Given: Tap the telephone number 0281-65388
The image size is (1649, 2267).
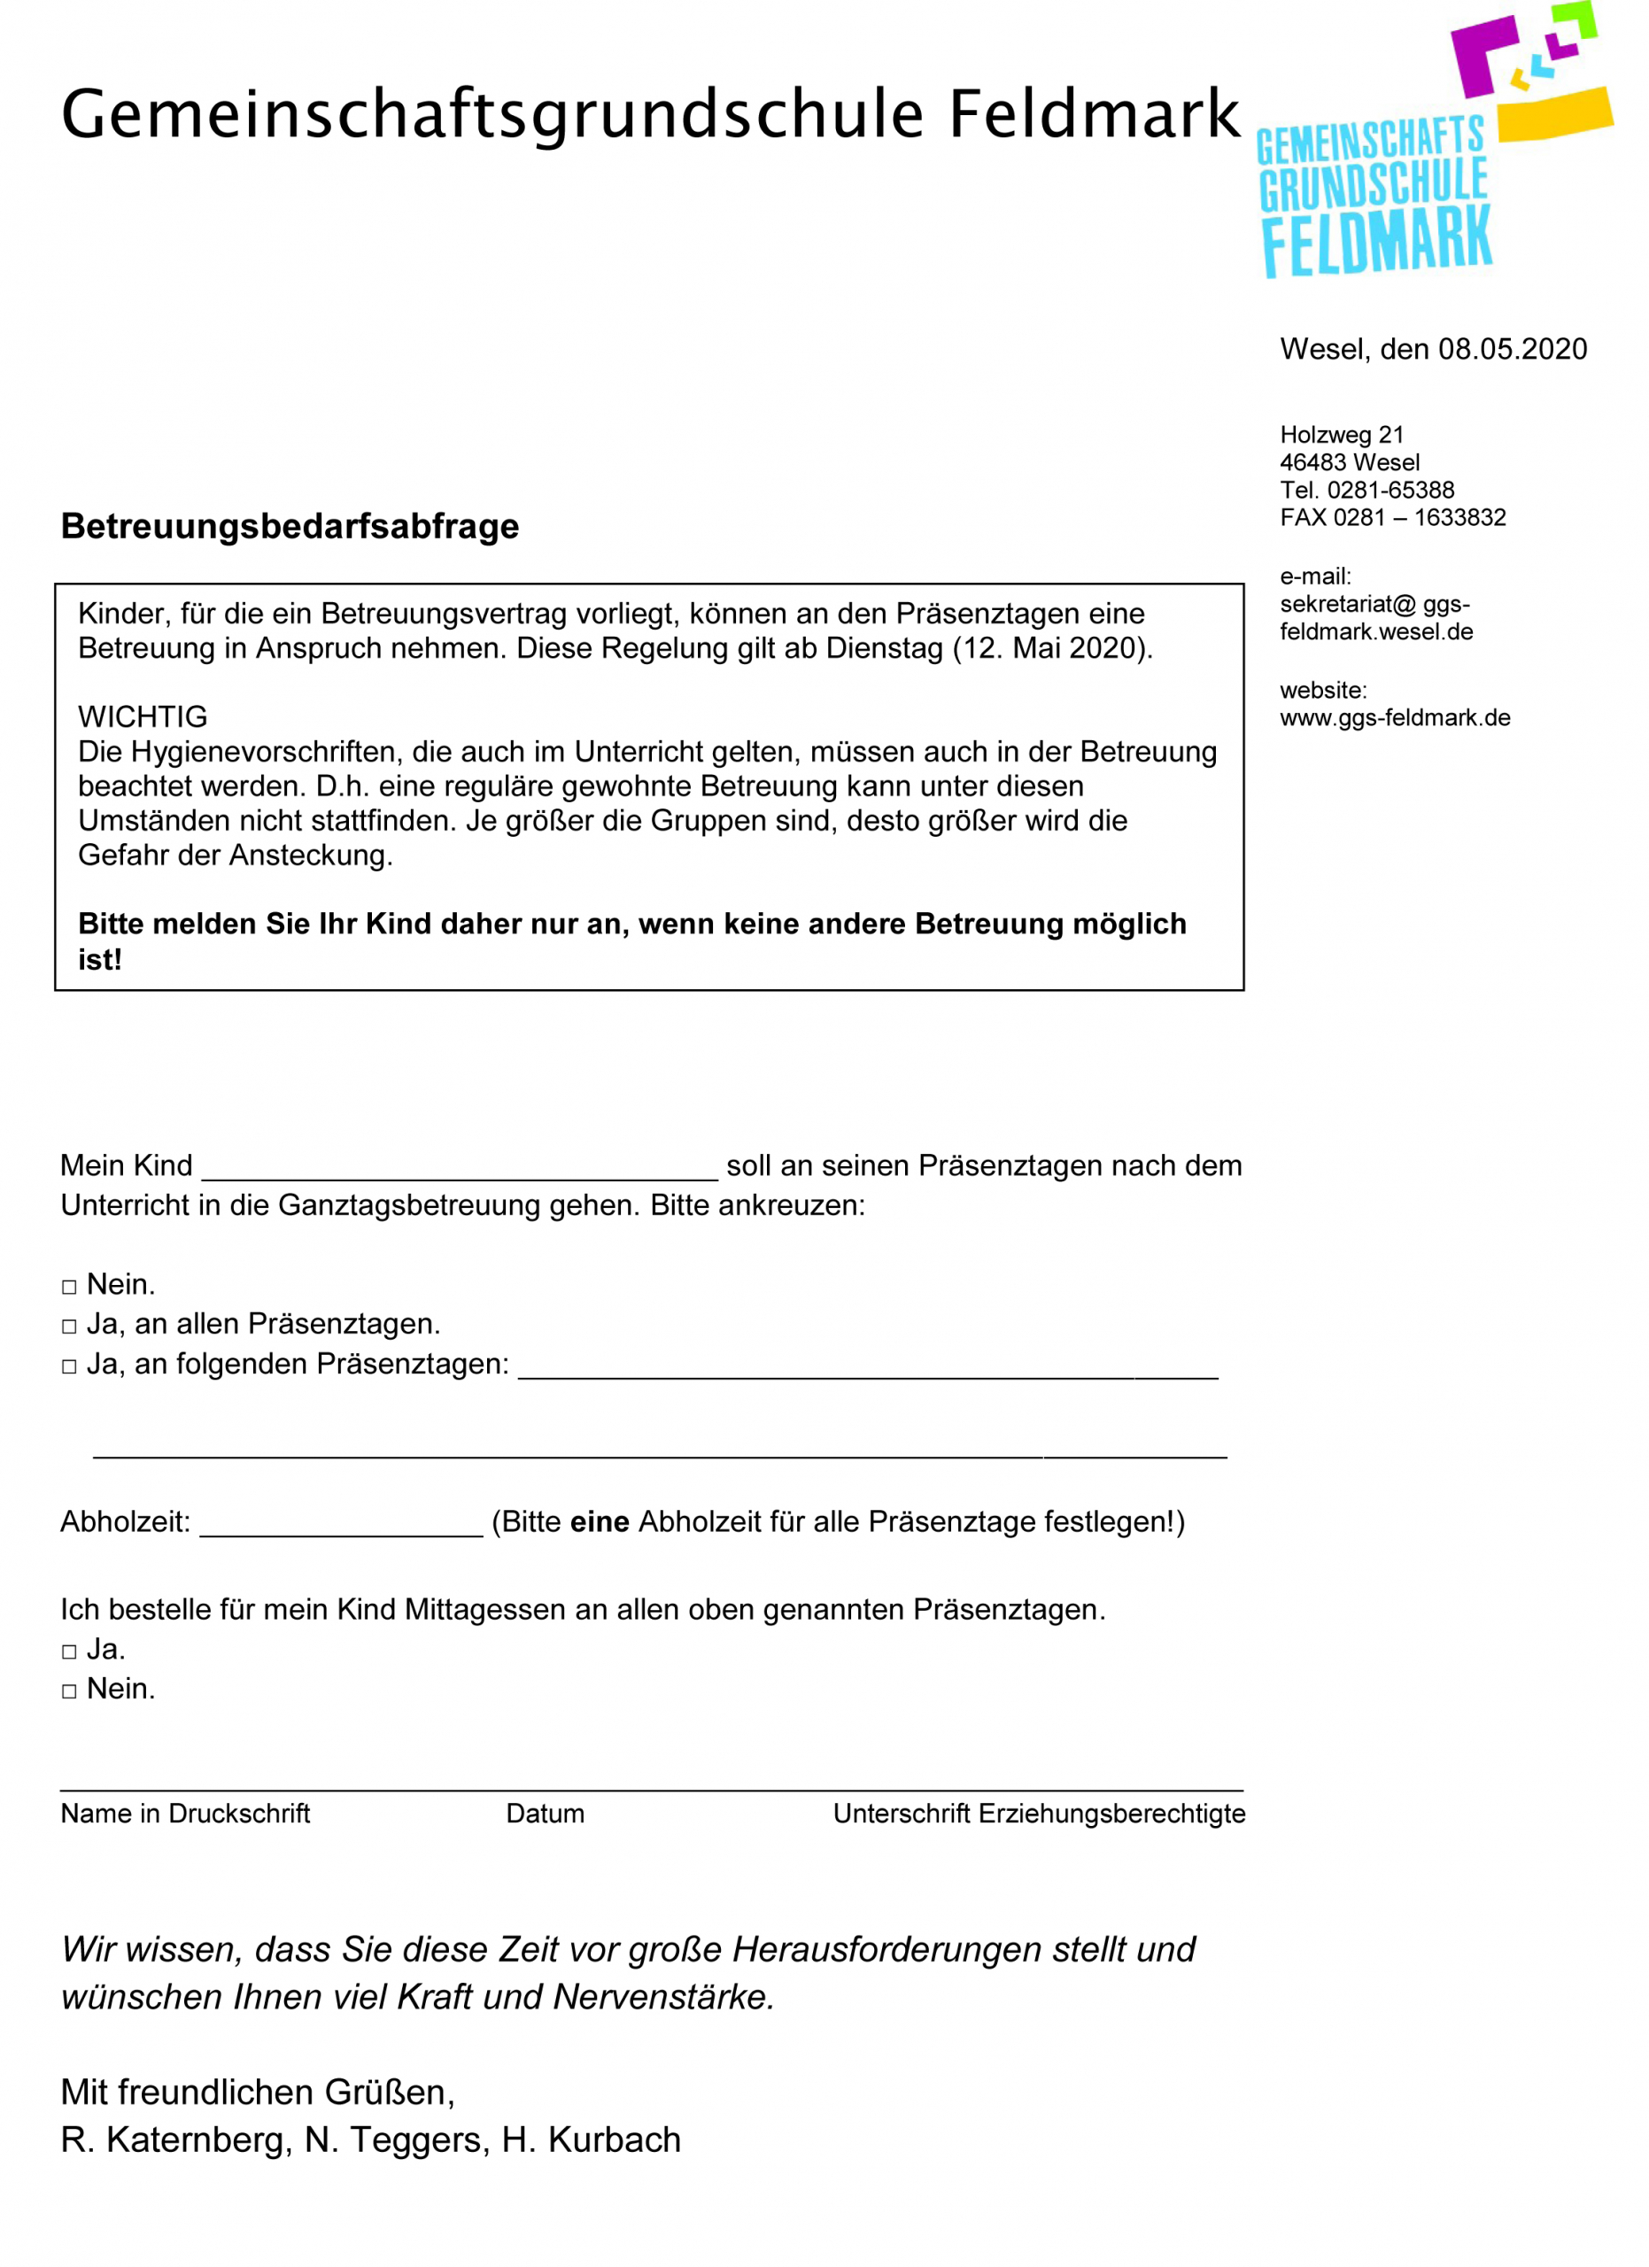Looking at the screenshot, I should coord(1390,490).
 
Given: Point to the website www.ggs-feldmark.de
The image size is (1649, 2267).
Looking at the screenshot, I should coord(1394,717).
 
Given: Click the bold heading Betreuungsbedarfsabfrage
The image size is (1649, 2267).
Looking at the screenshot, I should coord(290,527).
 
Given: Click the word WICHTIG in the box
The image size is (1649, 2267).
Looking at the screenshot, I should coord(143,716).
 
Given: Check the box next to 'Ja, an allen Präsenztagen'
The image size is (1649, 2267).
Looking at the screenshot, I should coord(69,1327).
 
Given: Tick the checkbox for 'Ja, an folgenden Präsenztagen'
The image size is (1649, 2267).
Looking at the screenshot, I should coord(69,1367).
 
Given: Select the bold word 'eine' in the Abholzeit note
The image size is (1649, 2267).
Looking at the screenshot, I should coord(600,1522).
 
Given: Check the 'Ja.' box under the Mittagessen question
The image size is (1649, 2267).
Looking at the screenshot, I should coord(69,1652).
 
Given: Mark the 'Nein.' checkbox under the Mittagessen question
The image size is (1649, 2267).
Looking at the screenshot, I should coord(69,1692).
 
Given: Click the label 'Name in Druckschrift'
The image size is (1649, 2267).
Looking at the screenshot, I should coord(186,1814).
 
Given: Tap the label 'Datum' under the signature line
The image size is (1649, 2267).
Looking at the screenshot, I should coord(545,1814).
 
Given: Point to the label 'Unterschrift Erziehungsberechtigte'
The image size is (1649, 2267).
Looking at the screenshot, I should coord(1040,1814).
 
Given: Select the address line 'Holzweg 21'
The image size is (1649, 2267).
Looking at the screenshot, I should coord(1341,435).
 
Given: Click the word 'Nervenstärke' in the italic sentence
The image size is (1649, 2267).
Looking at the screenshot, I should coord(662,1997).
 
